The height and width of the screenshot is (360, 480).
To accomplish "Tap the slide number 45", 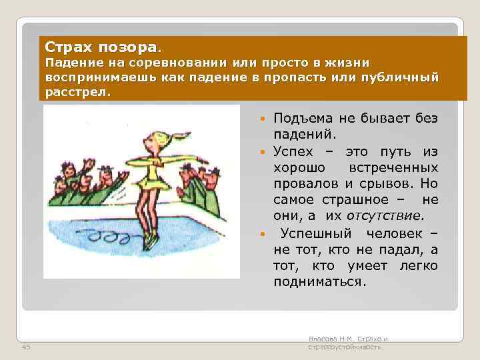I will tap(26, 347).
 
